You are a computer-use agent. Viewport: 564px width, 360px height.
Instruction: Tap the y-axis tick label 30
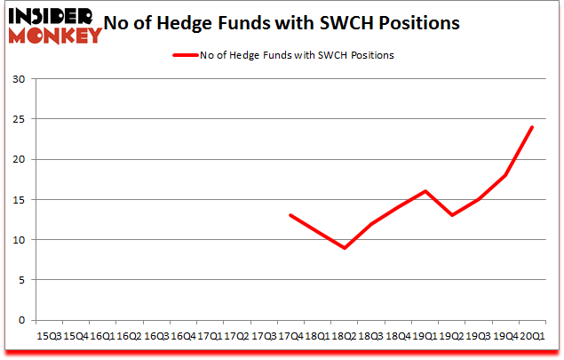(x=18, y=79)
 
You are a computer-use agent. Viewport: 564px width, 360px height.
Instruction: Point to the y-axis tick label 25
(x=18, y=119)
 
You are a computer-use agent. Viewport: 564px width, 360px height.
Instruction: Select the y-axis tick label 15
(x=18, y=199)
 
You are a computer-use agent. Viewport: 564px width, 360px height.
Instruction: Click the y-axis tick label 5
(x=20, y=280)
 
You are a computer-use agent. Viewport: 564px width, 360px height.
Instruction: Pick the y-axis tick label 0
(x=20, y=320)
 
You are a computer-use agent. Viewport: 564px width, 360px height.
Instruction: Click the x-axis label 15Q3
(x=49, y=336)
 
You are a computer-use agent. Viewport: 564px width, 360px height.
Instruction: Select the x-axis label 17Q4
(x=290, y=336)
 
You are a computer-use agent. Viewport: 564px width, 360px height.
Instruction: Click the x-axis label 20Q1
(x=533, y=336)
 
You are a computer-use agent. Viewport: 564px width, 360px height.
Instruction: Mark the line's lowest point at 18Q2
(x=345, y=247)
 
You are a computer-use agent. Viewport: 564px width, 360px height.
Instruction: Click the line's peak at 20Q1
(x=533, y=127)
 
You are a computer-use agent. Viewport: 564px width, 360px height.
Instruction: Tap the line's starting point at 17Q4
(x=290, y=215)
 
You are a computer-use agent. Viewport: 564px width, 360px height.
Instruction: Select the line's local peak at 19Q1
(x=425, y=191)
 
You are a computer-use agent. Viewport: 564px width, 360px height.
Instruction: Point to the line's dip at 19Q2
(x=452, y=215)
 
